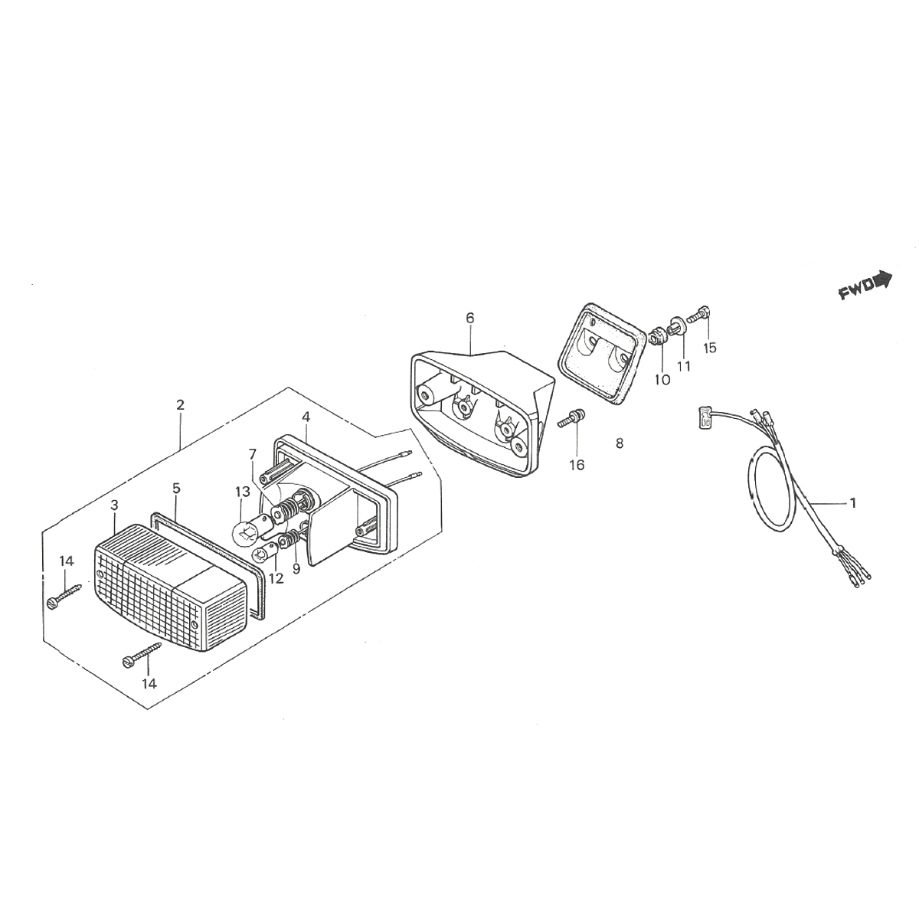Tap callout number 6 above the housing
tap(470, 318)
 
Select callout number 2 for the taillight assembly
tap(180, 405)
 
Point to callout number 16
tap(577, 465)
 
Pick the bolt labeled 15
tap(699, 316)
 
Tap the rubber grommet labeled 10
tap(658, 337)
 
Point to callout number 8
tap(620, 443)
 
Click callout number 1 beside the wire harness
tap(853, 502)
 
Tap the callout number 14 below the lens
tap(149, 684)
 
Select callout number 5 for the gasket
tap(176, 488)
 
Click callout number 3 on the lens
tap(114, 505)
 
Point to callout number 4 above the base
tap(306, 417)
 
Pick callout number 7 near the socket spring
tap(253, 453)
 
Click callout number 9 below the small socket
tap(296, 569)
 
